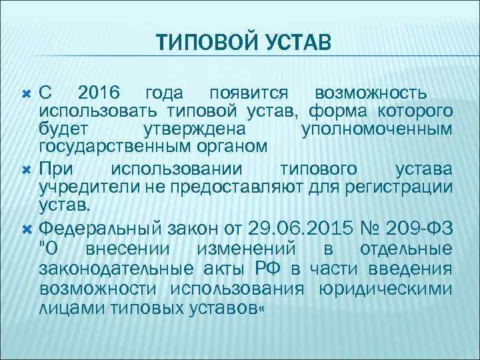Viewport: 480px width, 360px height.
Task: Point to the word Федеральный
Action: click(101, 229)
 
